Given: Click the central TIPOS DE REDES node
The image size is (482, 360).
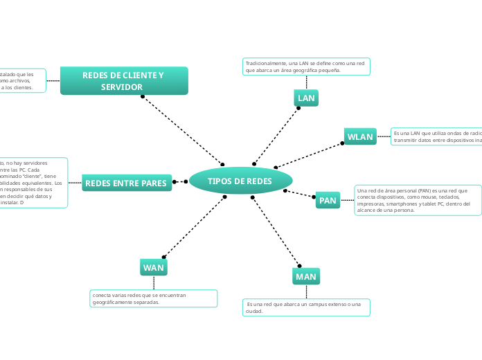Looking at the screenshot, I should (240, 181).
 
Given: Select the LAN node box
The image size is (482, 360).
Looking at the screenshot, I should (306, 98).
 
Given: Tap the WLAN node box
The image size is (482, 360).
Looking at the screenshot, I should (359, 136).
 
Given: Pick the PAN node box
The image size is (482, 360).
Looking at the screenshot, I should (328, 201).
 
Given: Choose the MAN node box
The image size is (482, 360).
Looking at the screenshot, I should (305, 276).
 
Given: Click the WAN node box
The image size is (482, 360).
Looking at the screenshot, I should (153, 267).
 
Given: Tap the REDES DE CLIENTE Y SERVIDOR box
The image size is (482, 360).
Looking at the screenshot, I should (124, 80).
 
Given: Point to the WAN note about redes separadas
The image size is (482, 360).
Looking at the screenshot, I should (153, 298).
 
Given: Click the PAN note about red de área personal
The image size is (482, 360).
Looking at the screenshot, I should (418, 200).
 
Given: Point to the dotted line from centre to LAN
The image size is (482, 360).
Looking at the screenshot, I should (276, 135).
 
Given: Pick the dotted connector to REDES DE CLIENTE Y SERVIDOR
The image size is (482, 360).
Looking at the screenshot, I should (182, 130).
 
